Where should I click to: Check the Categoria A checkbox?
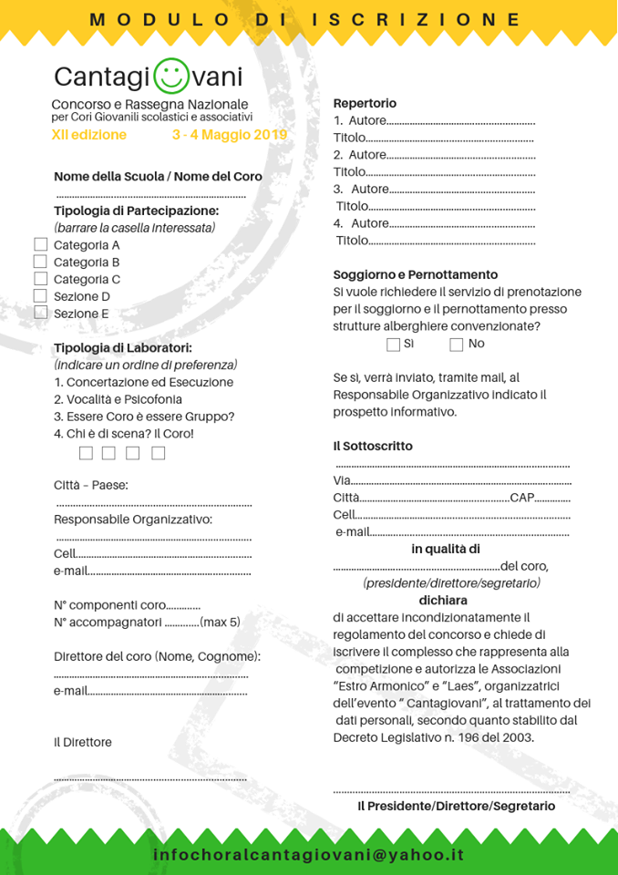pos(40,244)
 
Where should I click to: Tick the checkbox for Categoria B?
pos(40,262)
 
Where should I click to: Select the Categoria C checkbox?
pos(40,279)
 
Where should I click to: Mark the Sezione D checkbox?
pos(40,296)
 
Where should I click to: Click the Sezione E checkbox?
pos(40,313)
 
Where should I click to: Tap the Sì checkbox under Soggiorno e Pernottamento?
pos(393,345)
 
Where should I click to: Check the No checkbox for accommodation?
pos(457,345)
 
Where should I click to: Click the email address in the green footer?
pos(309,855)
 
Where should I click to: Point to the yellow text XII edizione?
pos(89,135)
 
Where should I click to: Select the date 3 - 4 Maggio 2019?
pos(229,135)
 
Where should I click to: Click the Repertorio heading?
pos(365,103)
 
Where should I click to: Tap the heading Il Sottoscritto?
pos(373,446)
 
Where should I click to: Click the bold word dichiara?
pos(443,601)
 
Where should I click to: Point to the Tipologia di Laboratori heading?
pos(123,347)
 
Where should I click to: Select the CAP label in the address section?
pos(522,498)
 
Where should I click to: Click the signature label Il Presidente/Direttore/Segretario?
pos(456,806)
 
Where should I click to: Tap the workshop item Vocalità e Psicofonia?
pos(118,399)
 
